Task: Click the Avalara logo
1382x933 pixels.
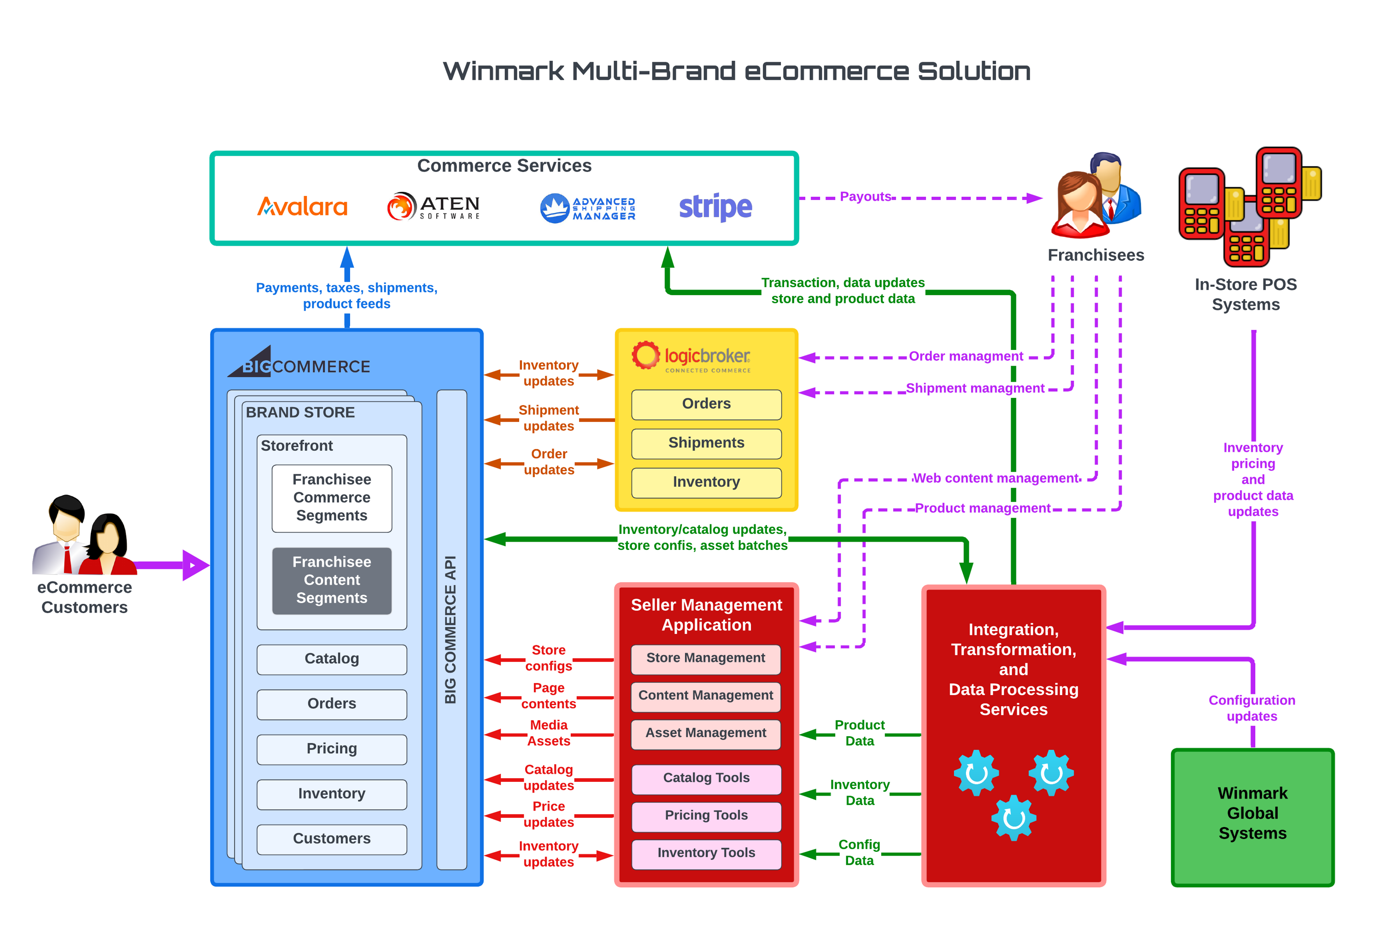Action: [x=302, y=207]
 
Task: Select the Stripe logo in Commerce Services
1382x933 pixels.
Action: [x=715, y=207]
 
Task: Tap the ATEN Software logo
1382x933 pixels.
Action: [x=433, y=207]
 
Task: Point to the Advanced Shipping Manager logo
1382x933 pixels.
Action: [x=587, y=208]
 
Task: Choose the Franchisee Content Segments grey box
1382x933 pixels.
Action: [x=332, y=580]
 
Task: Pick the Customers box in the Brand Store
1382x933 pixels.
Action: [x=332, y=839]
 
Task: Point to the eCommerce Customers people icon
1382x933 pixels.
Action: [x=83, y=536]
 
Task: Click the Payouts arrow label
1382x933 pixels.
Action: [x=865, y=197]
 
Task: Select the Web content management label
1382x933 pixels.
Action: [x=996, y=478]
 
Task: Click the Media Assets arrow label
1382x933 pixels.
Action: [x=548, y=733]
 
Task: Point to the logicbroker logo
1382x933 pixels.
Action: [x=691, y=357]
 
